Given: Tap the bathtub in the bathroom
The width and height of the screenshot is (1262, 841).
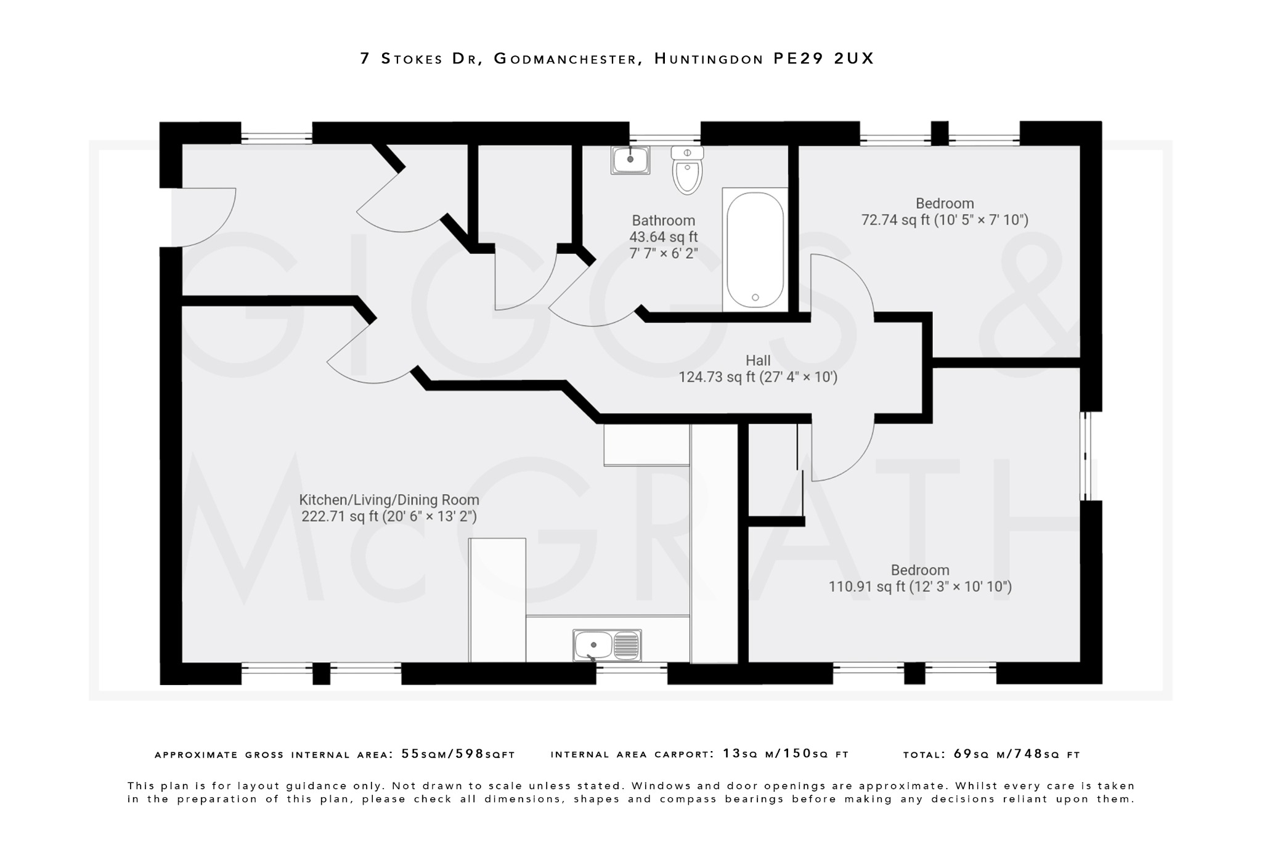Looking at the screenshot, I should [755, 250].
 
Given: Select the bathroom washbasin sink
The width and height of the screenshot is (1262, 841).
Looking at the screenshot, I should [630, 160].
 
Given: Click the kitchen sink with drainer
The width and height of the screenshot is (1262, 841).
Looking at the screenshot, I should [607, 645].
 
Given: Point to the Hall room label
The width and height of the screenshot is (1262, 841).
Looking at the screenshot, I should [758, 360].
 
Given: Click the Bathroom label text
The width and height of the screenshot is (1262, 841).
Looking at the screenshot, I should [663, 221].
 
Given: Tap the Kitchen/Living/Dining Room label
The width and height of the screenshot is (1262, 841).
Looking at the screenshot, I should [389, 500].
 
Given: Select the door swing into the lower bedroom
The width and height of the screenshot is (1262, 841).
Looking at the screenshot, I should [841, 450].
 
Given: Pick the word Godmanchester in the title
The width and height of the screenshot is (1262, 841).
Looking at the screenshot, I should [566, 59].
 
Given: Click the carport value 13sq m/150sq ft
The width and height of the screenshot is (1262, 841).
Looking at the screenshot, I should [786, 754].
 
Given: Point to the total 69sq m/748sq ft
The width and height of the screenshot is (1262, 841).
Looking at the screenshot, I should [1017, 754].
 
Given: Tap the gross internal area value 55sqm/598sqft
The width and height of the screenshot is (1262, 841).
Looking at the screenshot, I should [458, 754].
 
